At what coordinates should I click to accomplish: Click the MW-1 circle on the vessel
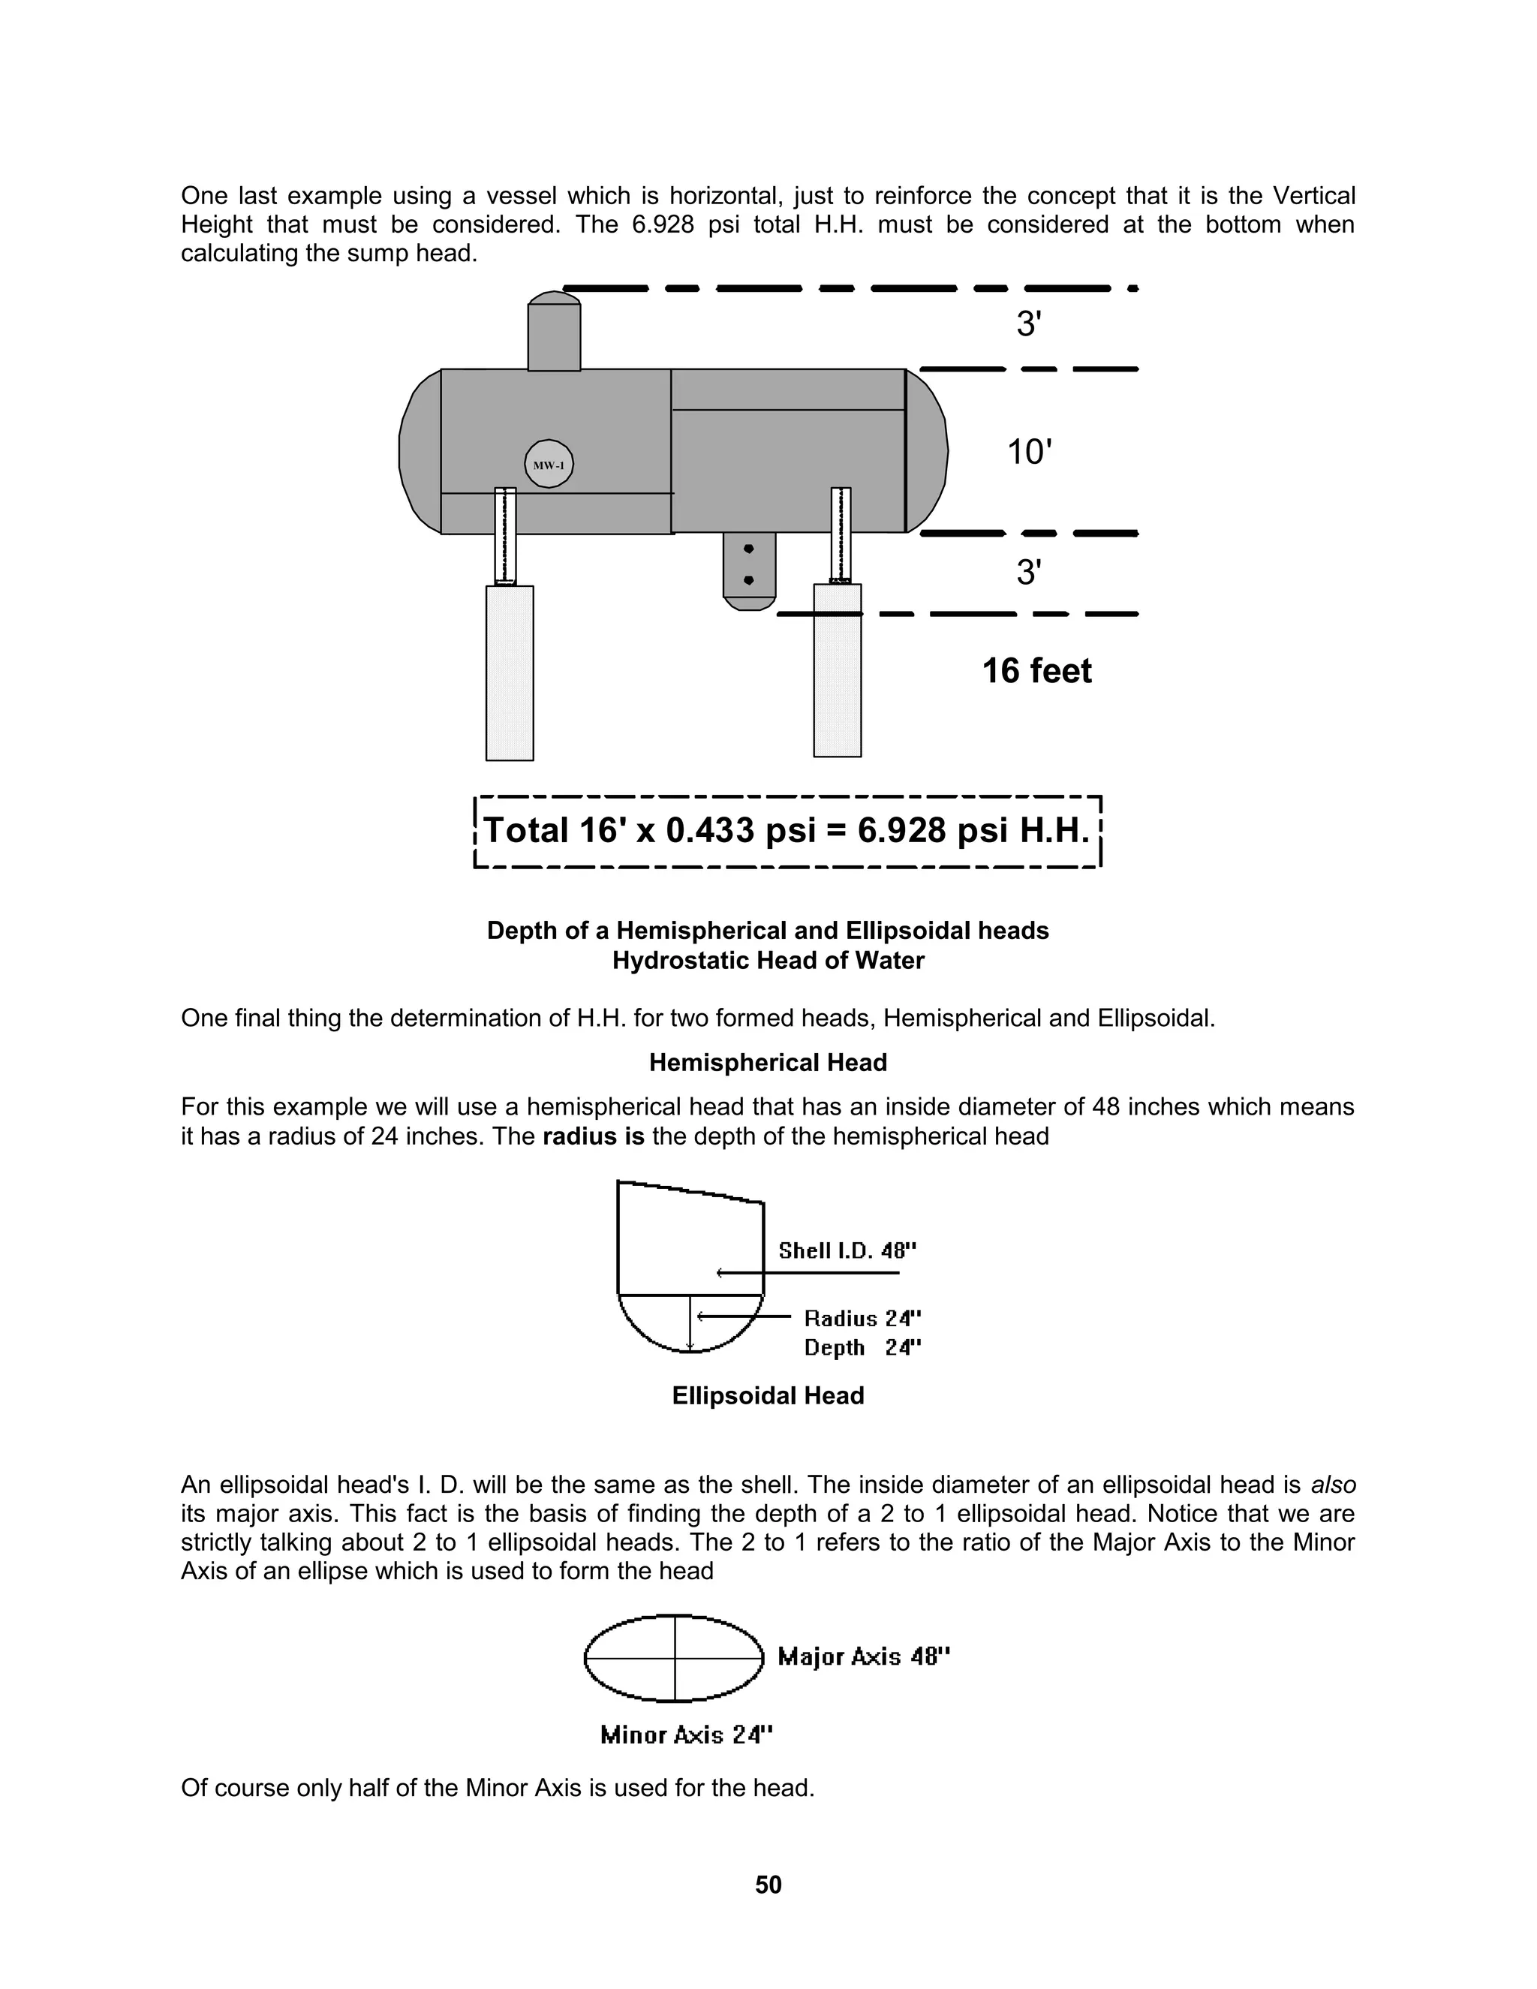(x=549, y=465)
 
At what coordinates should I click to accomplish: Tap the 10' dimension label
(x=1029, y=452)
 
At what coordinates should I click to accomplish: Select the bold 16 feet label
(x=1036, y=671)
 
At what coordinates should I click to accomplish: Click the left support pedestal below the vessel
(x=510, y=672)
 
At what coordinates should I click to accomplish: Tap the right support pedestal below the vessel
(x=837, y=670)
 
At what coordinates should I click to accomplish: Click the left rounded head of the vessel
(x=420, y=452)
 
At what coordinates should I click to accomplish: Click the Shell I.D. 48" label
(x=847, y=1250)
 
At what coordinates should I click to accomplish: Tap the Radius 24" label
(x=862, y=1319)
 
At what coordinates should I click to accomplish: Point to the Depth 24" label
(x=862, y=1348)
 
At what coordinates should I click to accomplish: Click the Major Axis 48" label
(x=863, y=1656)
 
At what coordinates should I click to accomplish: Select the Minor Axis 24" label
(x=686, y=1735)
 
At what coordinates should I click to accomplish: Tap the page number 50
(x=768, y=1884)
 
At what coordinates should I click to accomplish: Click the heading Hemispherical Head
(x=768, y=1063)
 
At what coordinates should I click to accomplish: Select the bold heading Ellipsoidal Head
(x=768, y=1396)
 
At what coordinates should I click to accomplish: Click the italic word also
(x=1333, y=1485)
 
